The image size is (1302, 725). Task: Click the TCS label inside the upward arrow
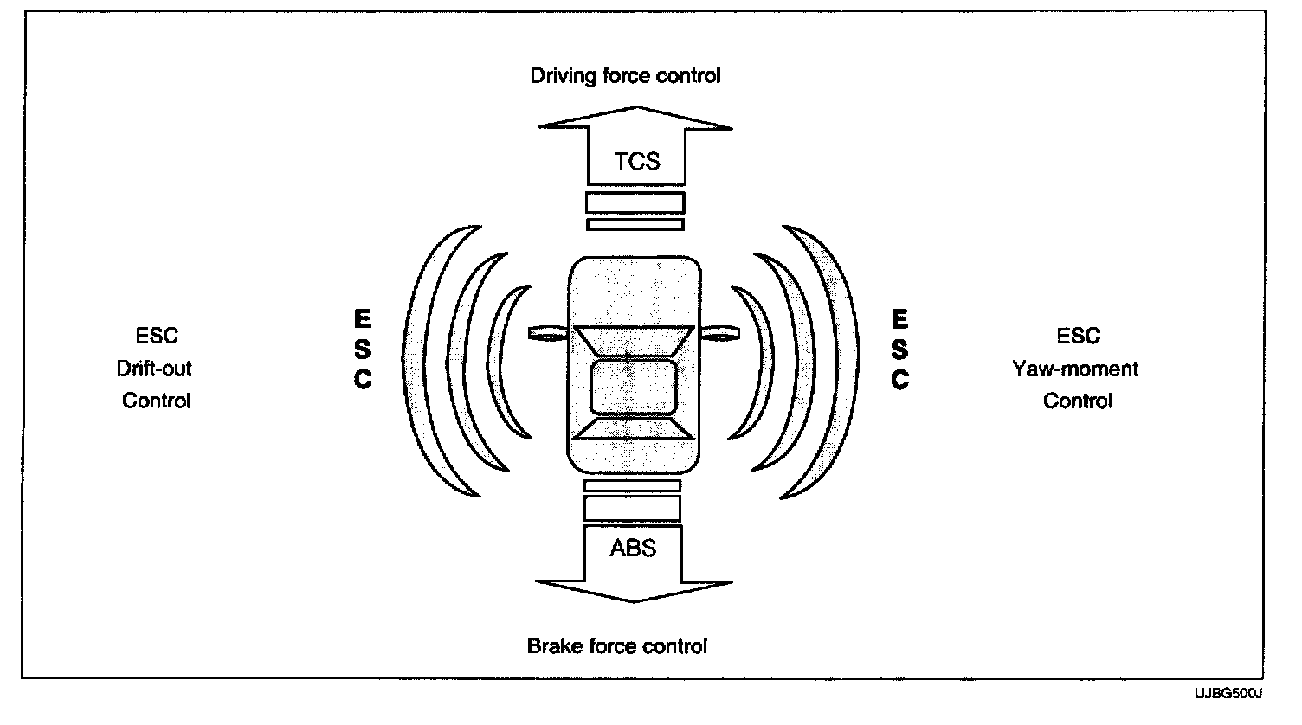pyautogui.click(x=636, y=162)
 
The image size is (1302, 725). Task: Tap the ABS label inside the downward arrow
pyautogui.click(x=633, y=548)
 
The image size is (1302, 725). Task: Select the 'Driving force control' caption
pyautogui.click(x=625, y=76)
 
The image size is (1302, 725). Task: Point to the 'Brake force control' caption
pyautogui.click(x=617, y=646)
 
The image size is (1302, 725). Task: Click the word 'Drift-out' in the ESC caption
pyautogui.click(x=154, y=369)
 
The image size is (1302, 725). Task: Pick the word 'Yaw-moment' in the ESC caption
pyautogui.click(x=1075, y=369)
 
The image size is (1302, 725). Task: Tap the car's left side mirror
pyautogui.click(x=546, y=333)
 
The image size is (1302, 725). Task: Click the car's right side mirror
pyautogui.click(x=720, y=332)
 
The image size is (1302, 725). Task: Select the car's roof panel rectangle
pyautogui.click(x=633, y=387)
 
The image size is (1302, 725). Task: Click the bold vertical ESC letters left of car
pyautogui.click(x=363, y=350)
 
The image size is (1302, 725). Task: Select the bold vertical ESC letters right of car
pyautogui.click(x=899, y=350)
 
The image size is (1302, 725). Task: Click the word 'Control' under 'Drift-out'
pyautogui.click(x=157, y=401)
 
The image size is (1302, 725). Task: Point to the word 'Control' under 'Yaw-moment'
pyautogui.click(x=1077, y=401)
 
